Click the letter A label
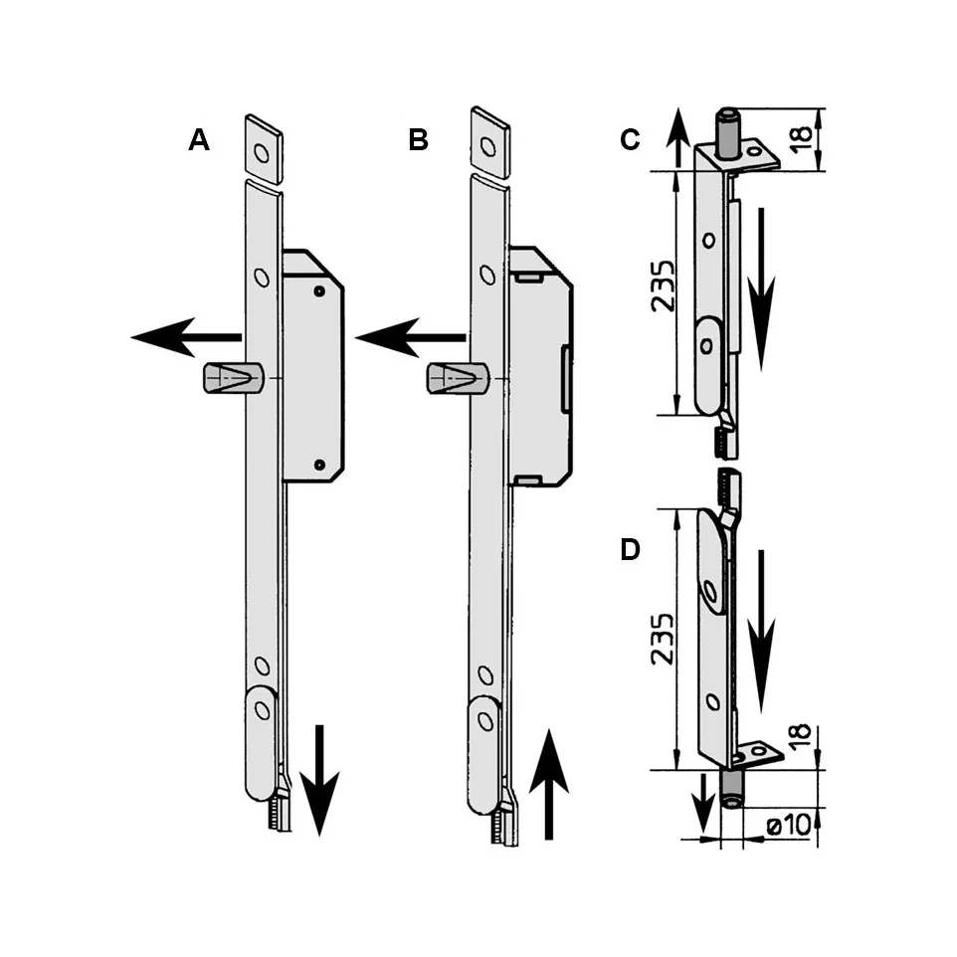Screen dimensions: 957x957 (x=200, y=141)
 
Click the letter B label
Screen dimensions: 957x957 (x=419, y=141)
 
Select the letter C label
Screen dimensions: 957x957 (x=630, y=141)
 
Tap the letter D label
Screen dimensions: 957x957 (x=630, y=550)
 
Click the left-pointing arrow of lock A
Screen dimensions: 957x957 (x=184, y=338)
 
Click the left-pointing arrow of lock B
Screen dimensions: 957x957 (x=408, y=338)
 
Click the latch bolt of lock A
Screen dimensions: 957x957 (x=230, y=379)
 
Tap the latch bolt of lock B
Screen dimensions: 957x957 (x=455, y=379)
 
